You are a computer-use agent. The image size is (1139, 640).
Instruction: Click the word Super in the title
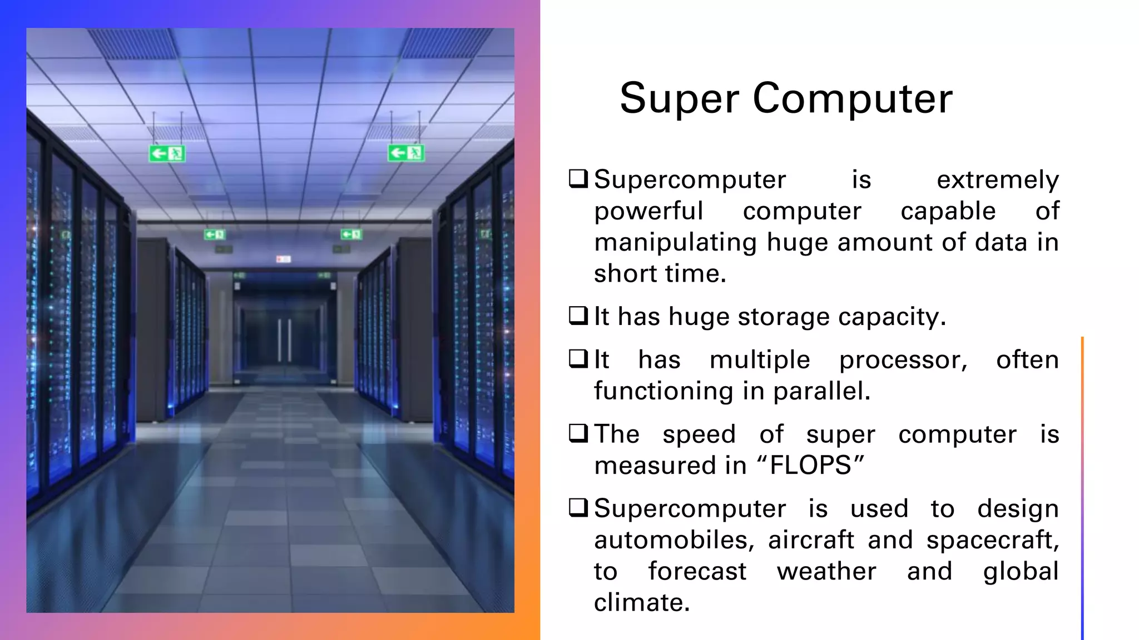pos(679,99)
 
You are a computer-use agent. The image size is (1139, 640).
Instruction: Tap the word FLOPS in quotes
pos(811,465)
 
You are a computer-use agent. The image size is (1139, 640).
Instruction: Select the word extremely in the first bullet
pos(998,180)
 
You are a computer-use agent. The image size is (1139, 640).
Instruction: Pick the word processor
pos(903,360)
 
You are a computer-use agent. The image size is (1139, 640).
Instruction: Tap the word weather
pos(826,571)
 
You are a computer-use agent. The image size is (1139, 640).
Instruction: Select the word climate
pos(641,602)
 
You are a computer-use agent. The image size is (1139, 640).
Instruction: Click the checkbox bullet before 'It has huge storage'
pos(578,316)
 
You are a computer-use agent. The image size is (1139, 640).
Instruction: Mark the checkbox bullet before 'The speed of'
pos(578,433)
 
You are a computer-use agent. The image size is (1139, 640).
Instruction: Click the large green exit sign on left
pos(167,153)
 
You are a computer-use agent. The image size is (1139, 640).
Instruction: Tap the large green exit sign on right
pos(406,152)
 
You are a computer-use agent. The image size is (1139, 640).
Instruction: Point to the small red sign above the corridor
pos(284,259)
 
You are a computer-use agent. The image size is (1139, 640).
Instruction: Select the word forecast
pos(697,571)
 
